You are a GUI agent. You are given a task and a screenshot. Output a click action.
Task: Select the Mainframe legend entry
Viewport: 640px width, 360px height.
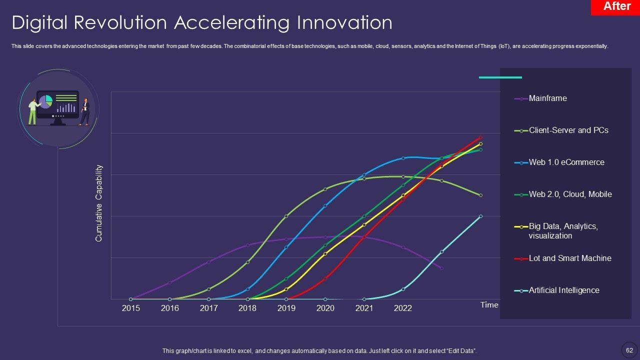[x=547, y=98]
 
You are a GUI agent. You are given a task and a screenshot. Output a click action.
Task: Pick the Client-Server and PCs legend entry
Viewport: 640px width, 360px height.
[x=568, y=130]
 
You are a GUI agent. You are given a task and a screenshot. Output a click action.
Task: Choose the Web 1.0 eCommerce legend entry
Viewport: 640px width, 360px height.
[x=566, y=162]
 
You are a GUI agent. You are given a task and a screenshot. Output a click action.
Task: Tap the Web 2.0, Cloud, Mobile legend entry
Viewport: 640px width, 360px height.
[x=569, y=194]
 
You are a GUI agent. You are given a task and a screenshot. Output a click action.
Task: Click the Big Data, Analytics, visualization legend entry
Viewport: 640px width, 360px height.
[x=563, y=231]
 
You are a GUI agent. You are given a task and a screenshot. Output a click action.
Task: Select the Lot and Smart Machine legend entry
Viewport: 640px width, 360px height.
[x=569, y=258]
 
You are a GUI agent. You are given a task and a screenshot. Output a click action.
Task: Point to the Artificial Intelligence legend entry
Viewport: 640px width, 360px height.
[x=563, y=290]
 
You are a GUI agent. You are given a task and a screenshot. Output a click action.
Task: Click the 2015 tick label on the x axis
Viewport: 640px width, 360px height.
[x=131, y=308]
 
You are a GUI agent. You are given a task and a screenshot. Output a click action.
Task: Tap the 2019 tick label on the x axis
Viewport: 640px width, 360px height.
[x=286, y=308]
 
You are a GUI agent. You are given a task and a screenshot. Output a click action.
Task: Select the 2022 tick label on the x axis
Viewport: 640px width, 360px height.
[x=403, y=308]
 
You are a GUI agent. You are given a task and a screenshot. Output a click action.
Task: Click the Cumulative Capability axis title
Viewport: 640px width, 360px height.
[x=99, y=203]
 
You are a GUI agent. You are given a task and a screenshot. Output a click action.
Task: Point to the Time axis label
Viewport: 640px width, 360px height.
[x=489, y=305]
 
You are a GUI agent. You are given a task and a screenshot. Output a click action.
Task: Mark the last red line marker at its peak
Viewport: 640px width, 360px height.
[x=480, y=137]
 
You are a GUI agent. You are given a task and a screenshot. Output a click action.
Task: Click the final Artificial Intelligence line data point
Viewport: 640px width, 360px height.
[x=480, y=216]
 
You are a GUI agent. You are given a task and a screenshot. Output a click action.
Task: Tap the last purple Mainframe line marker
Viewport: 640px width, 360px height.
[x=441, y=268]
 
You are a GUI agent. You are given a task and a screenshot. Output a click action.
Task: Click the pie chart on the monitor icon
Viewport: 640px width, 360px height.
[x=45, y=101]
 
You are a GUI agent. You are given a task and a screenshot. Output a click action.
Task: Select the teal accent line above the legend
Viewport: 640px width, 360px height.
[x=500, y=77]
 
